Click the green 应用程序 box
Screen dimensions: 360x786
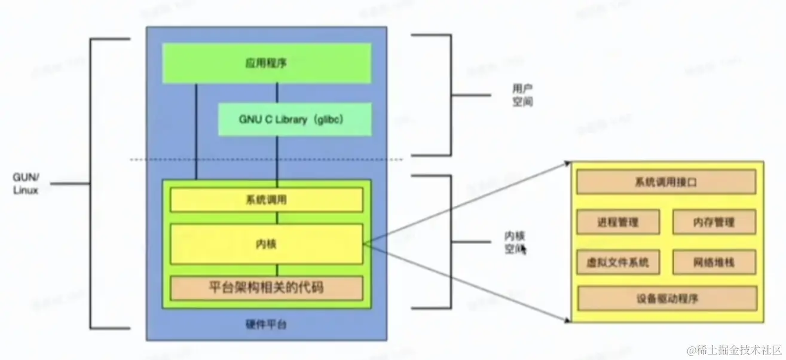[267, 63]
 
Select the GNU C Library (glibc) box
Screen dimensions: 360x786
[295, 119]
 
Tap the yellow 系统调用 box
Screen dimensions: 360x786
[267, 199]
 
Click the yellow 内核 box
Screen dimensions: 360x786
[267, 243]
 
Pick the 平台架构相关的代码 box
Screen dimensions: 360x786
[267, 288]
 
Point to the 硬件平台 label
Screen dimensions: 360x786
[266, 325]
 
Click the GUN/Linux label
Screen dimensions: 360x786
[26, 184]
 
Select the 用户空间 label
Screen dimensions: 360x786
[522, 95]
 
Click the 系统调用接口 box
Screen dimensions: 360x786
[666, 182]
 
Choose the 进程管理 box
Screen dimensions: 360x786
[618, 222]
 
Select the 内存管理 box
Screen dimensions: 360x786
[714, 222]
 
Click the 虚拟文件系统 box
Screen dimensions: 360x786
[618, 262]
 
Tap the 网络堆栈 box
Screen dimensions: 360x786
[714, 262]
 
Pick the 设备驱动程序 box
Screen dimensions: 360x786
[666, 298]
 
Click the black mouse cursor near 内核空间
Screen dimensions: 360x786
[524, 249]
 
